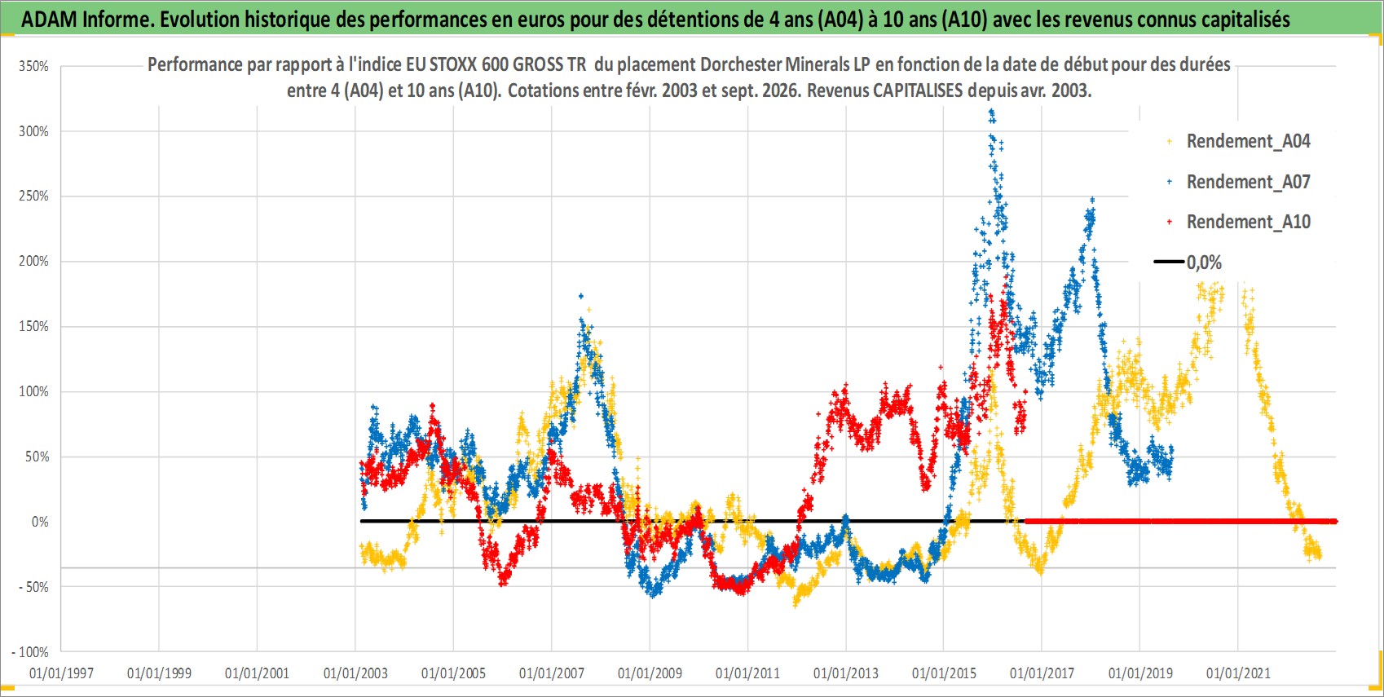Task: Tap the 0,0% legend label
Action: pyautogui.click(x=1204, y=262)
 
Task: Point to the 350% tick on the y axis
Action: pyautogui.click(x=33, y=66)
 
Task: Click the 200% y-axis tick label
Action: pyautogui.click(x=33, y=262)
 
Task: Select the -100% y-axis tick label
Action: pyautogui.click(x=30, y=652)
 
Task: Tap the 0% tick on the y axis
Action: pyautogui.click(x=40, y=522)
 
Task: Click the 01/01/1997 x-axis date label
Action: pyautogui.click(x=61, y=673)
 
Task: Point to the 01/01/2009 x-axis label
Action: pyautogui.click(x=650, y=673)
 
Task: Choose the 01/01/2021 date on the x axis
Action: pyautogui.click(x=1238, y=673)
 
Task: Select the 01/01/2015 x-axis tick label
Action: pyautogui.click(x=944, y=673)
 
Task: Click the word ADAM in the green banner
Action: pyautogui.click(x=49, y=20)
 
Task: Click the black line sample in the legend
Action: pyautogui.click(x=1169, y=262)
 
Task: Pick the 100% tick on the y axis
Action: pyautogui.click(x=33, y=392)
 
